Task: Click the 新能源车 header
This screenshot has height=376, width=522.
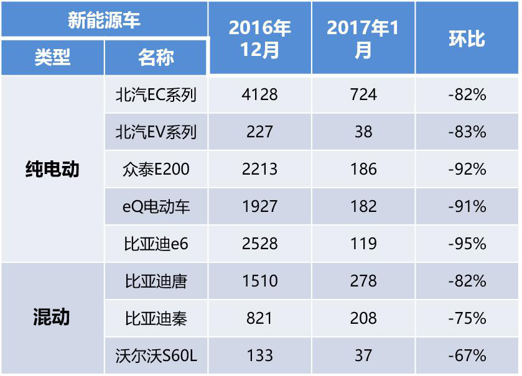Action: pyautogui.click(x=104, y=20)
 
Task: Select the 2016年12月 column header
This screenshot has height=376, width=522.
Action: pyautogui.click(x=259, y=39)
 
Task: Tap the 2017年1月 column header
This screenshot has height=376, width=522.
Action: pyautogui.click(x=363, y=39)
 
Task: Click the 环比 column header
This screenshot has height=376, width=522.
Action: pyautogui.click(x=467, y=39)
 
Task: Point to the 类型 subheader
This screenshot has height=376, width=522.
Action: pyautogui.click(x=52, y=58)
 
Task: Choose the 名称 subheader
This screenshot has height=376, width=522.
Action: pyautogui.click(x=156, y=58)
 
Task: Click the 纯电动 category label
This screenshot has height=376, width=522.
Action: pyautogui.click(x=52, y=169)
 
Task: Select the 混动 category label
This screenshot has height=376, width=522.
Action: pyautogui.click(x=52, y=318)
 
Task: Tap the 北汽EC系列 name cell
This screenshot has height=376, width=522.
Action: pyautogui.click(x=156, y=94)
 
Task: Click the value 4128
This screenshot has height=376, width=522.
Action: pyautogui.click(x=259, y=94)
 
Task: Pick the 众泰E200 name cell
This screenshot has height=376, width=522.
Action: pyautogui.click(x=156, y=169)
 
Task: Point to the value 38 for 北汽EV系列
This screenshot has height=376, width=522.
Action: pyautogui.click(x=363, y=132)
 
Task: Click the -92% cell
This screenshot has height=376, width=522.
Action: pyautogui.click(x=467, y=169)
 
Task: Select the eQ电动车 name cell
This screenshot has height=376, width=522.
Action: pyautogui.click(x=156, y=206)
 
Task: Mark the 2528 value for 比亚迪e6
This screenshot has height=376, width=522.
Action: pyautogui.click(x=259, y=244)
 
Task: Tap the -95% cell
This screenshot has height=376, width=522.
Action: pyautogui.click(x=467, y=244)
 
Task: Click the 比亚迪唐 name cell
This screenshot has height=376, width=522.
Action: pyautogui.click(x=156, y=281)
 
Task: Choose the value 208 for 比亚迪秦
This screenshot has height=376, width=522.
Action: pyautogui.click(x=363, y=318)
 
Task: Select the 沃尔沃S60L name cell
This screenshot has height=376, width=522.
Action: pyautogui.click(x=156, y=355)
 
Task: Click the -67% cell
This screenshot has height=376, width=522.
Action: pyautogui.click(x=467, y=355)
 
